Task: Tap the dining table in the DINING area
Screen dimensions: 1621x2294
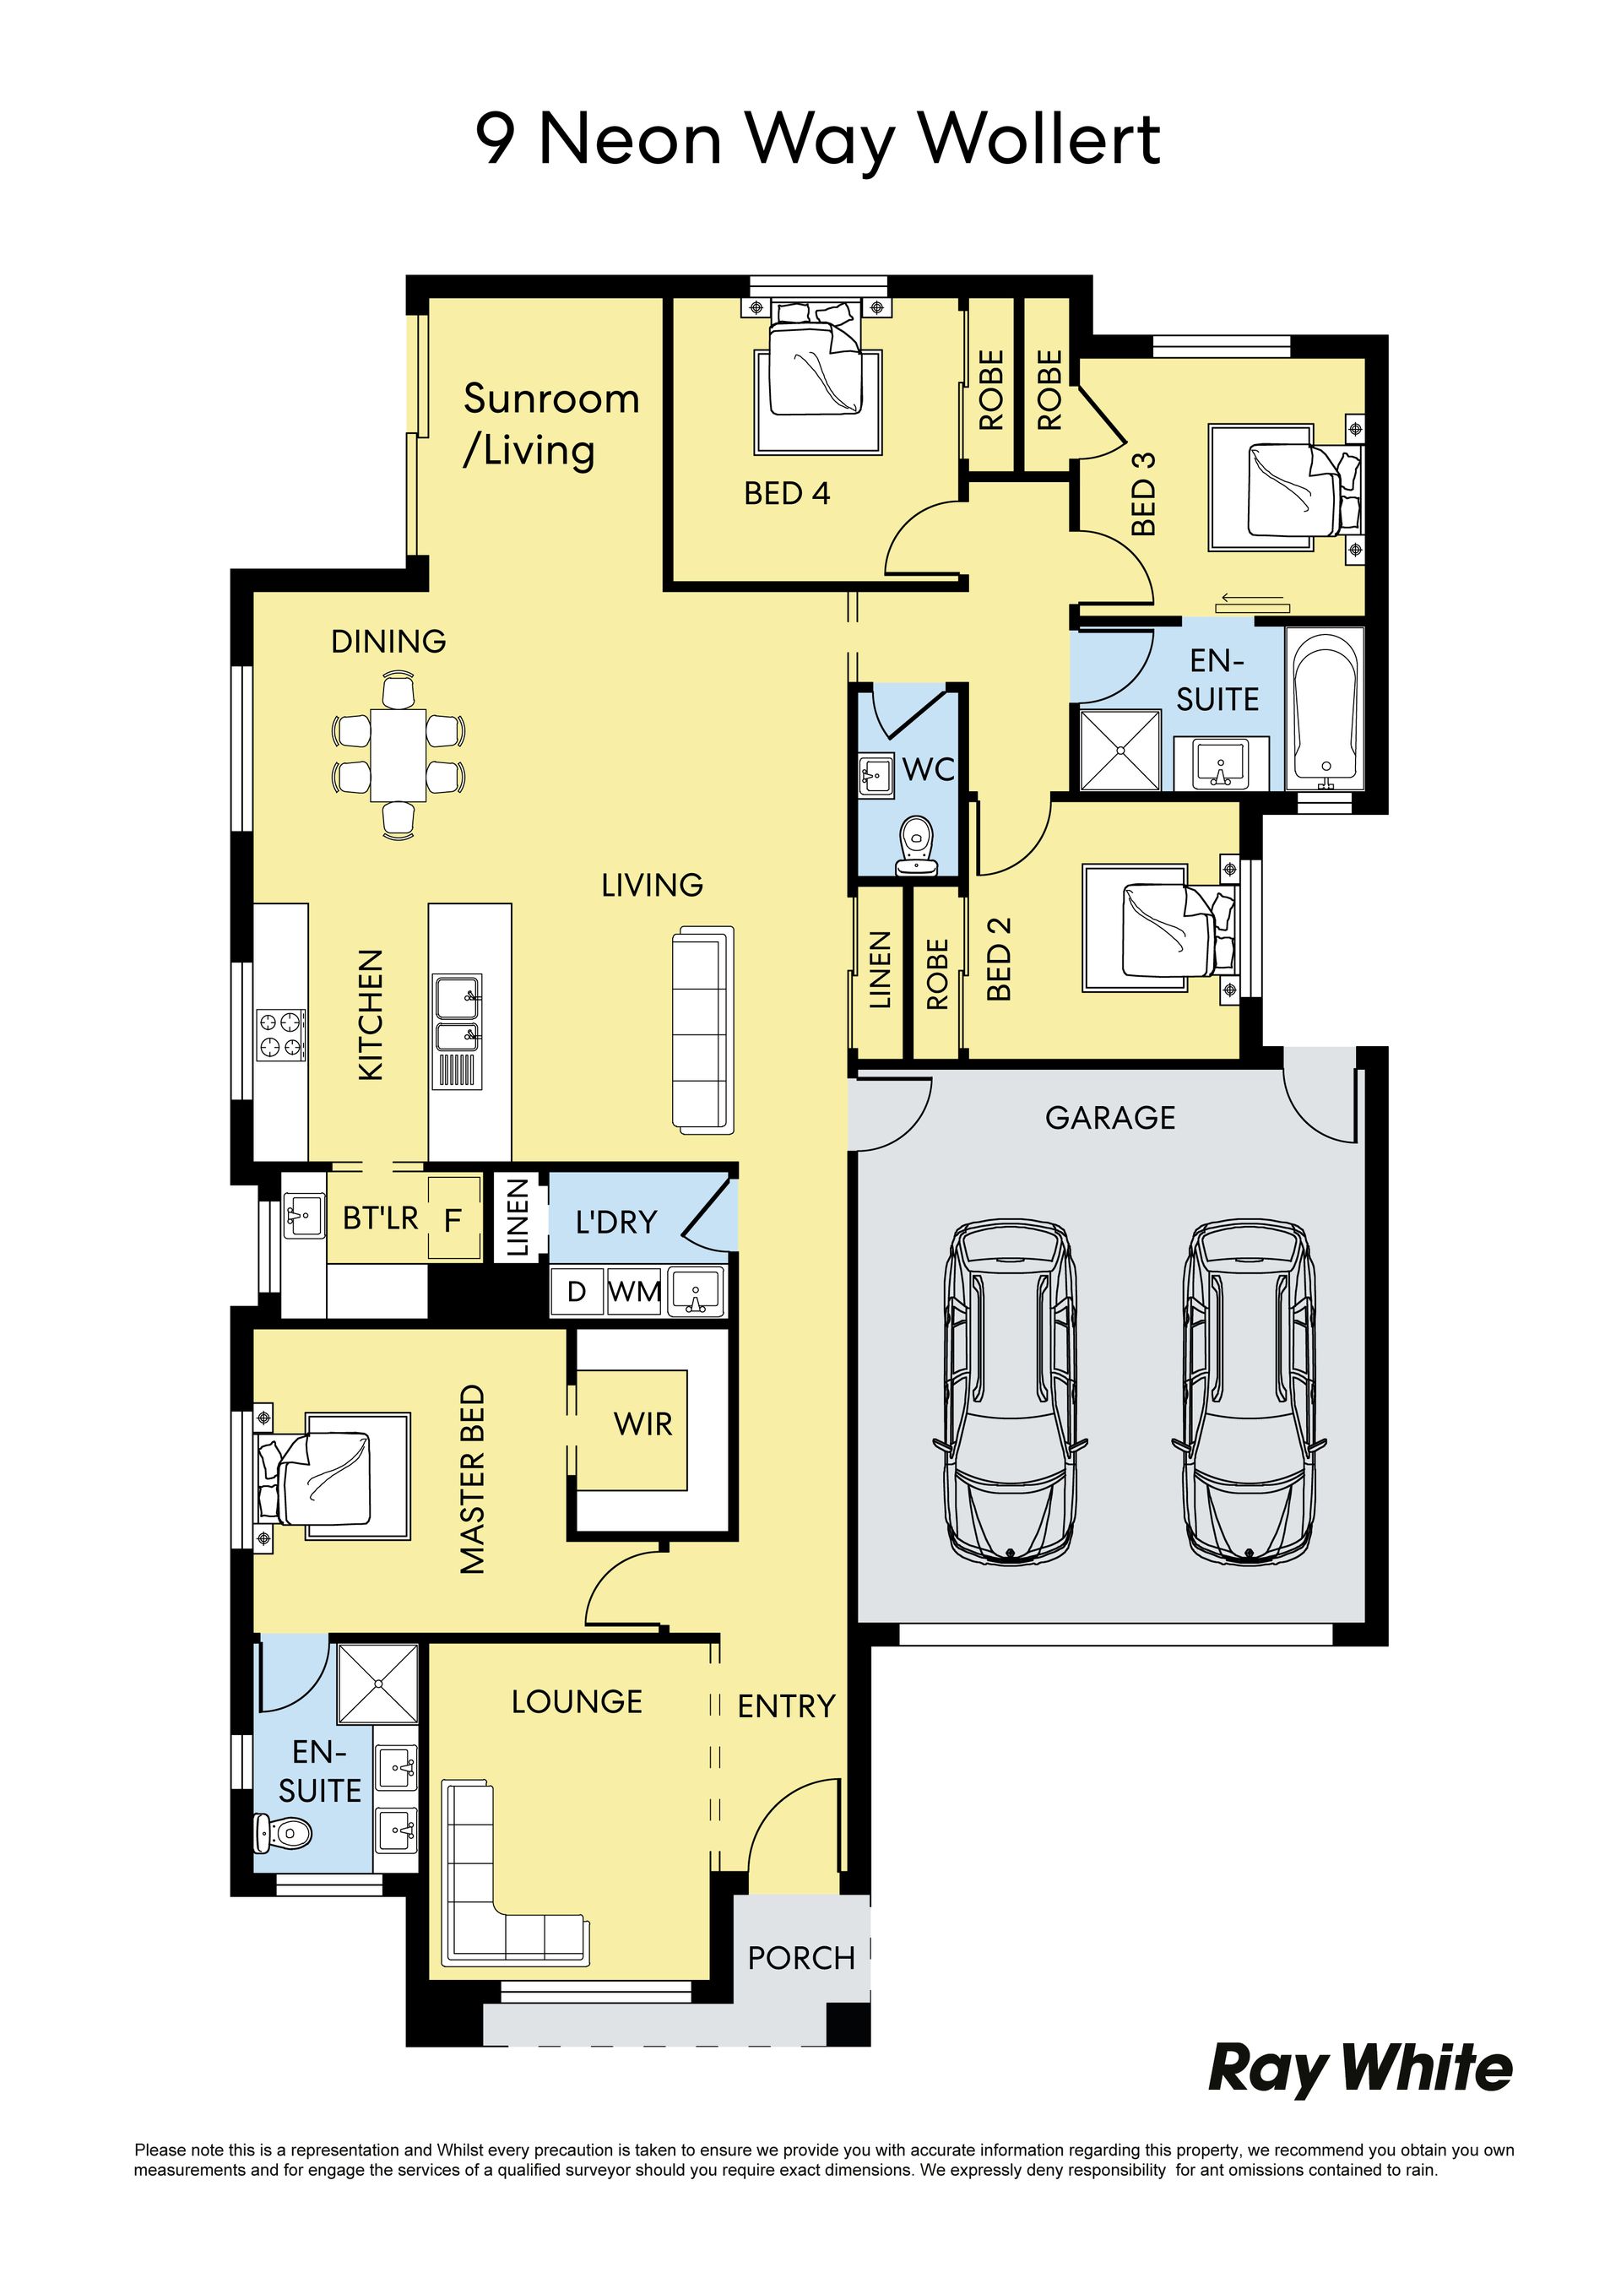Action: click(398, 754)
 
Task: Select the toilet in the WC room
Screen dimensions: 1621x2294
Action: click(914, 847)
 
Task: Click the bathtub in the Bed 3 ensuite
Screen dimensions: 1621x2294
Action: click(1326, 708)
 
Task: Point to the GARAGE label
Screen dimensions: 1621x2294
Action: click(1110, 1117)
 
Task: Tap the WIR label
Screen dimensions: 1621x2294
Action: click(643, 1424)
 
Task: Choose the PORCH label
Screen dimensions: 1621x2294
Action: click(801, 1958)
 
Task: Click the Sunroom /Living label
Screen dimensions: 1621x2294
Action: click(550, 425)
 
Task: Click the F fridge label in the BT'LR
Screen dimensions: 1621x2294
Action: click(453, 1220)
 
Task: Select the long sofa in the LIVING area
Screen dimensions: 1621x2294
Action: click(703, 1030)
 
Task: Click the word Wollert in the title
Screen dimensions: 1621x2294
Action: click(1039, 138)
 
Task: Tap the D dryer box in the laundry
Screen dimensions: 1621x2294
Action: click(577, 1292)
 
